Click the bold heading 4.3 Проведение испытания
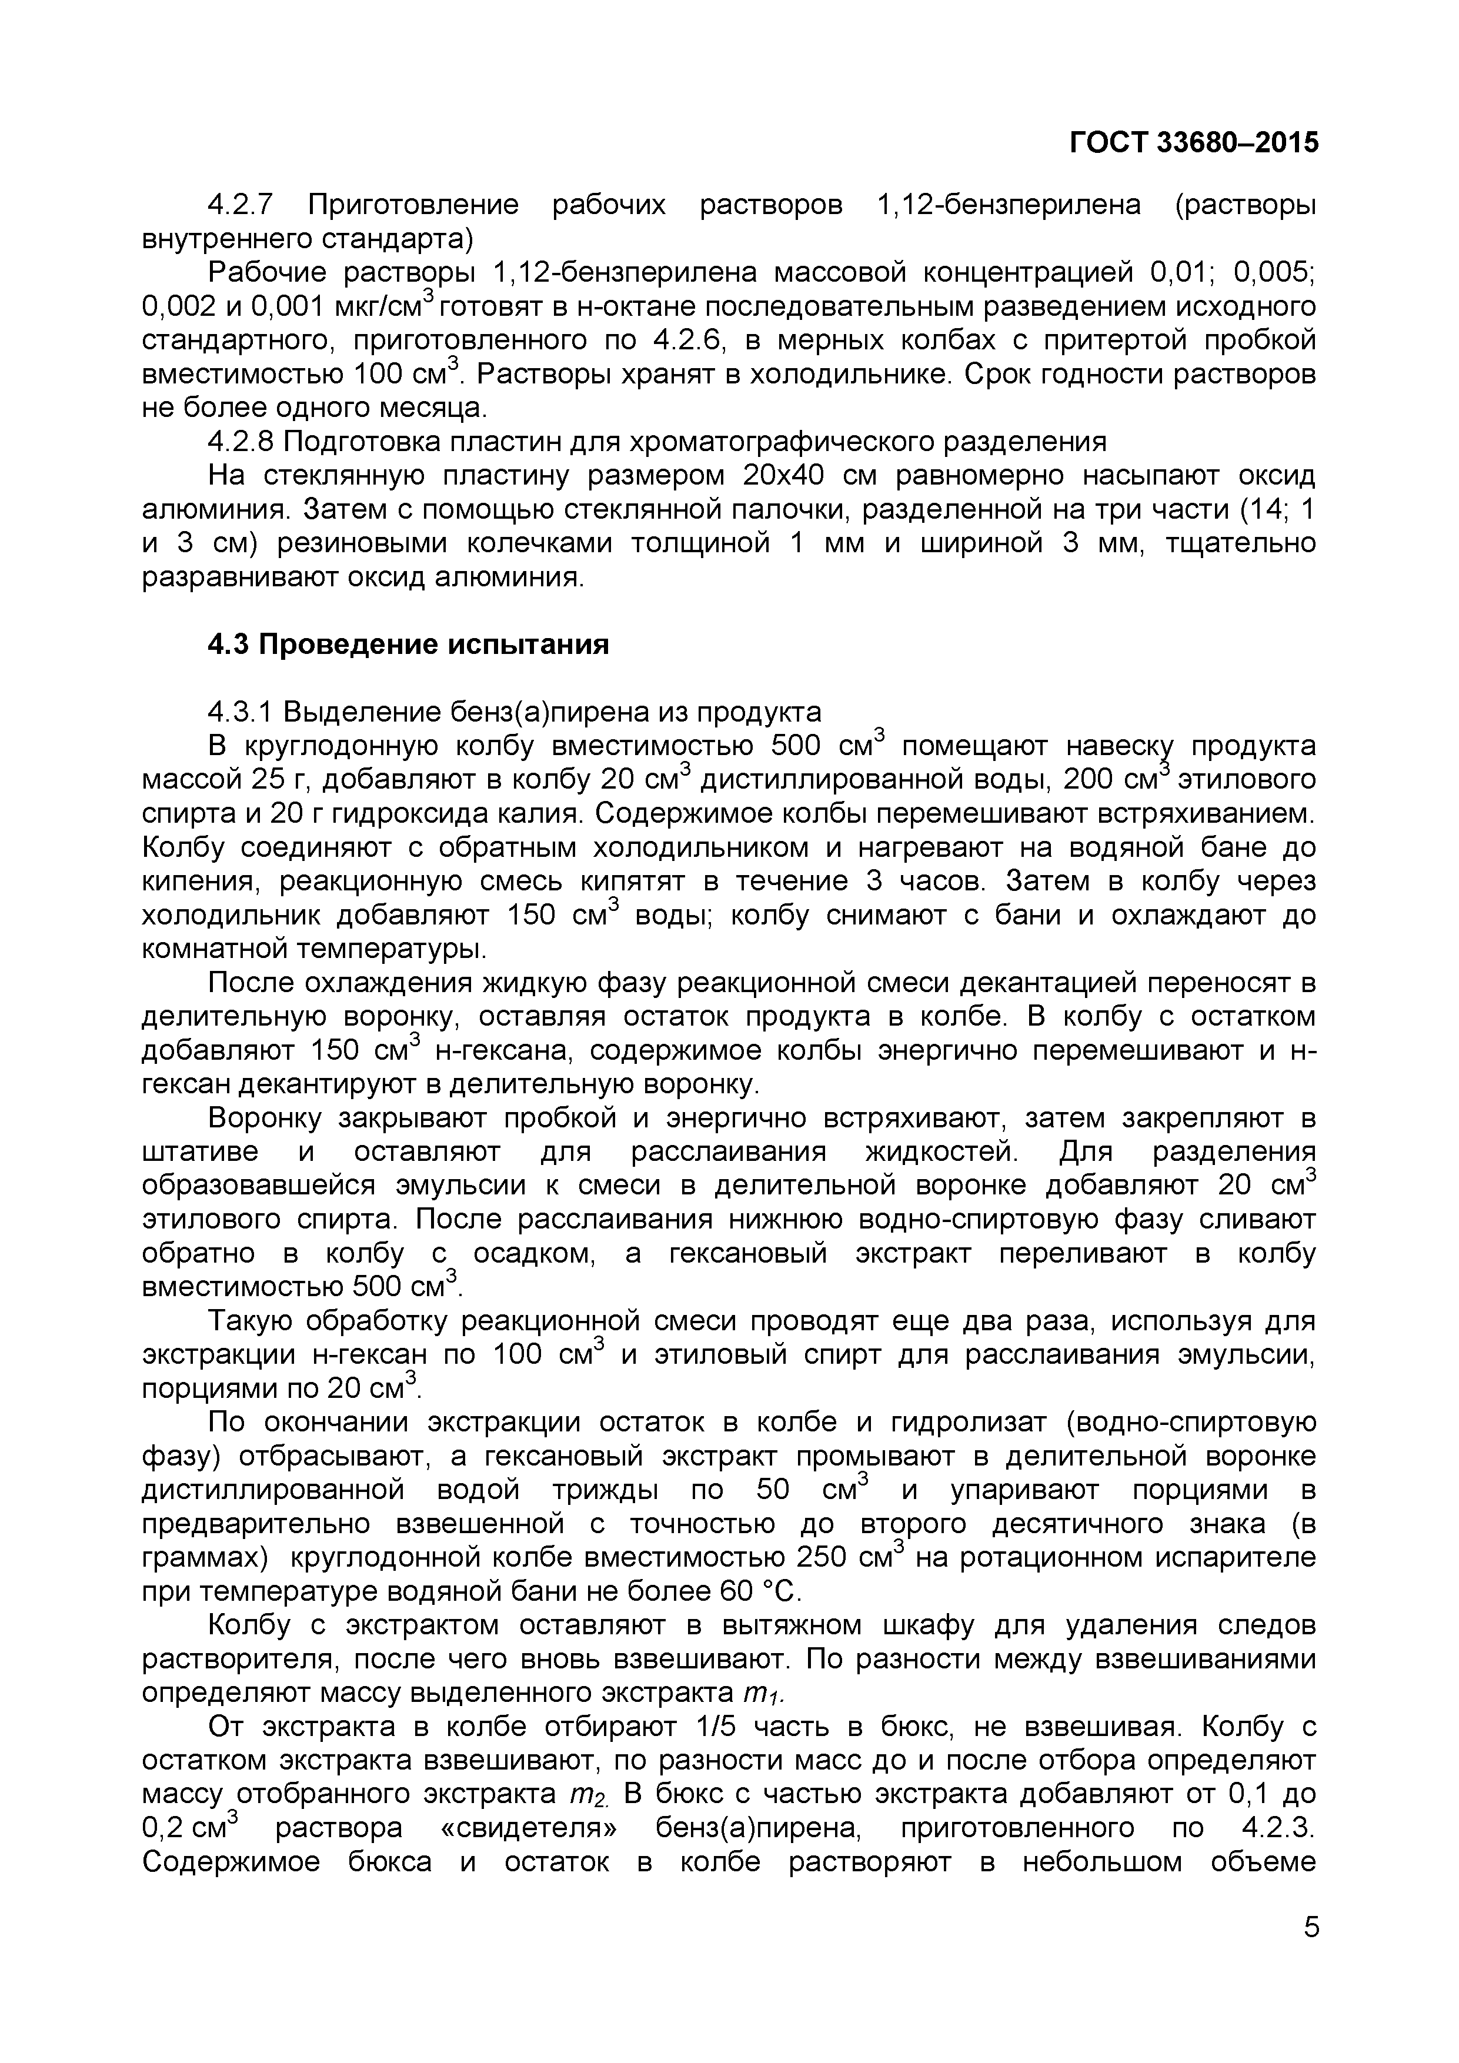[x=408, y=644]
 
